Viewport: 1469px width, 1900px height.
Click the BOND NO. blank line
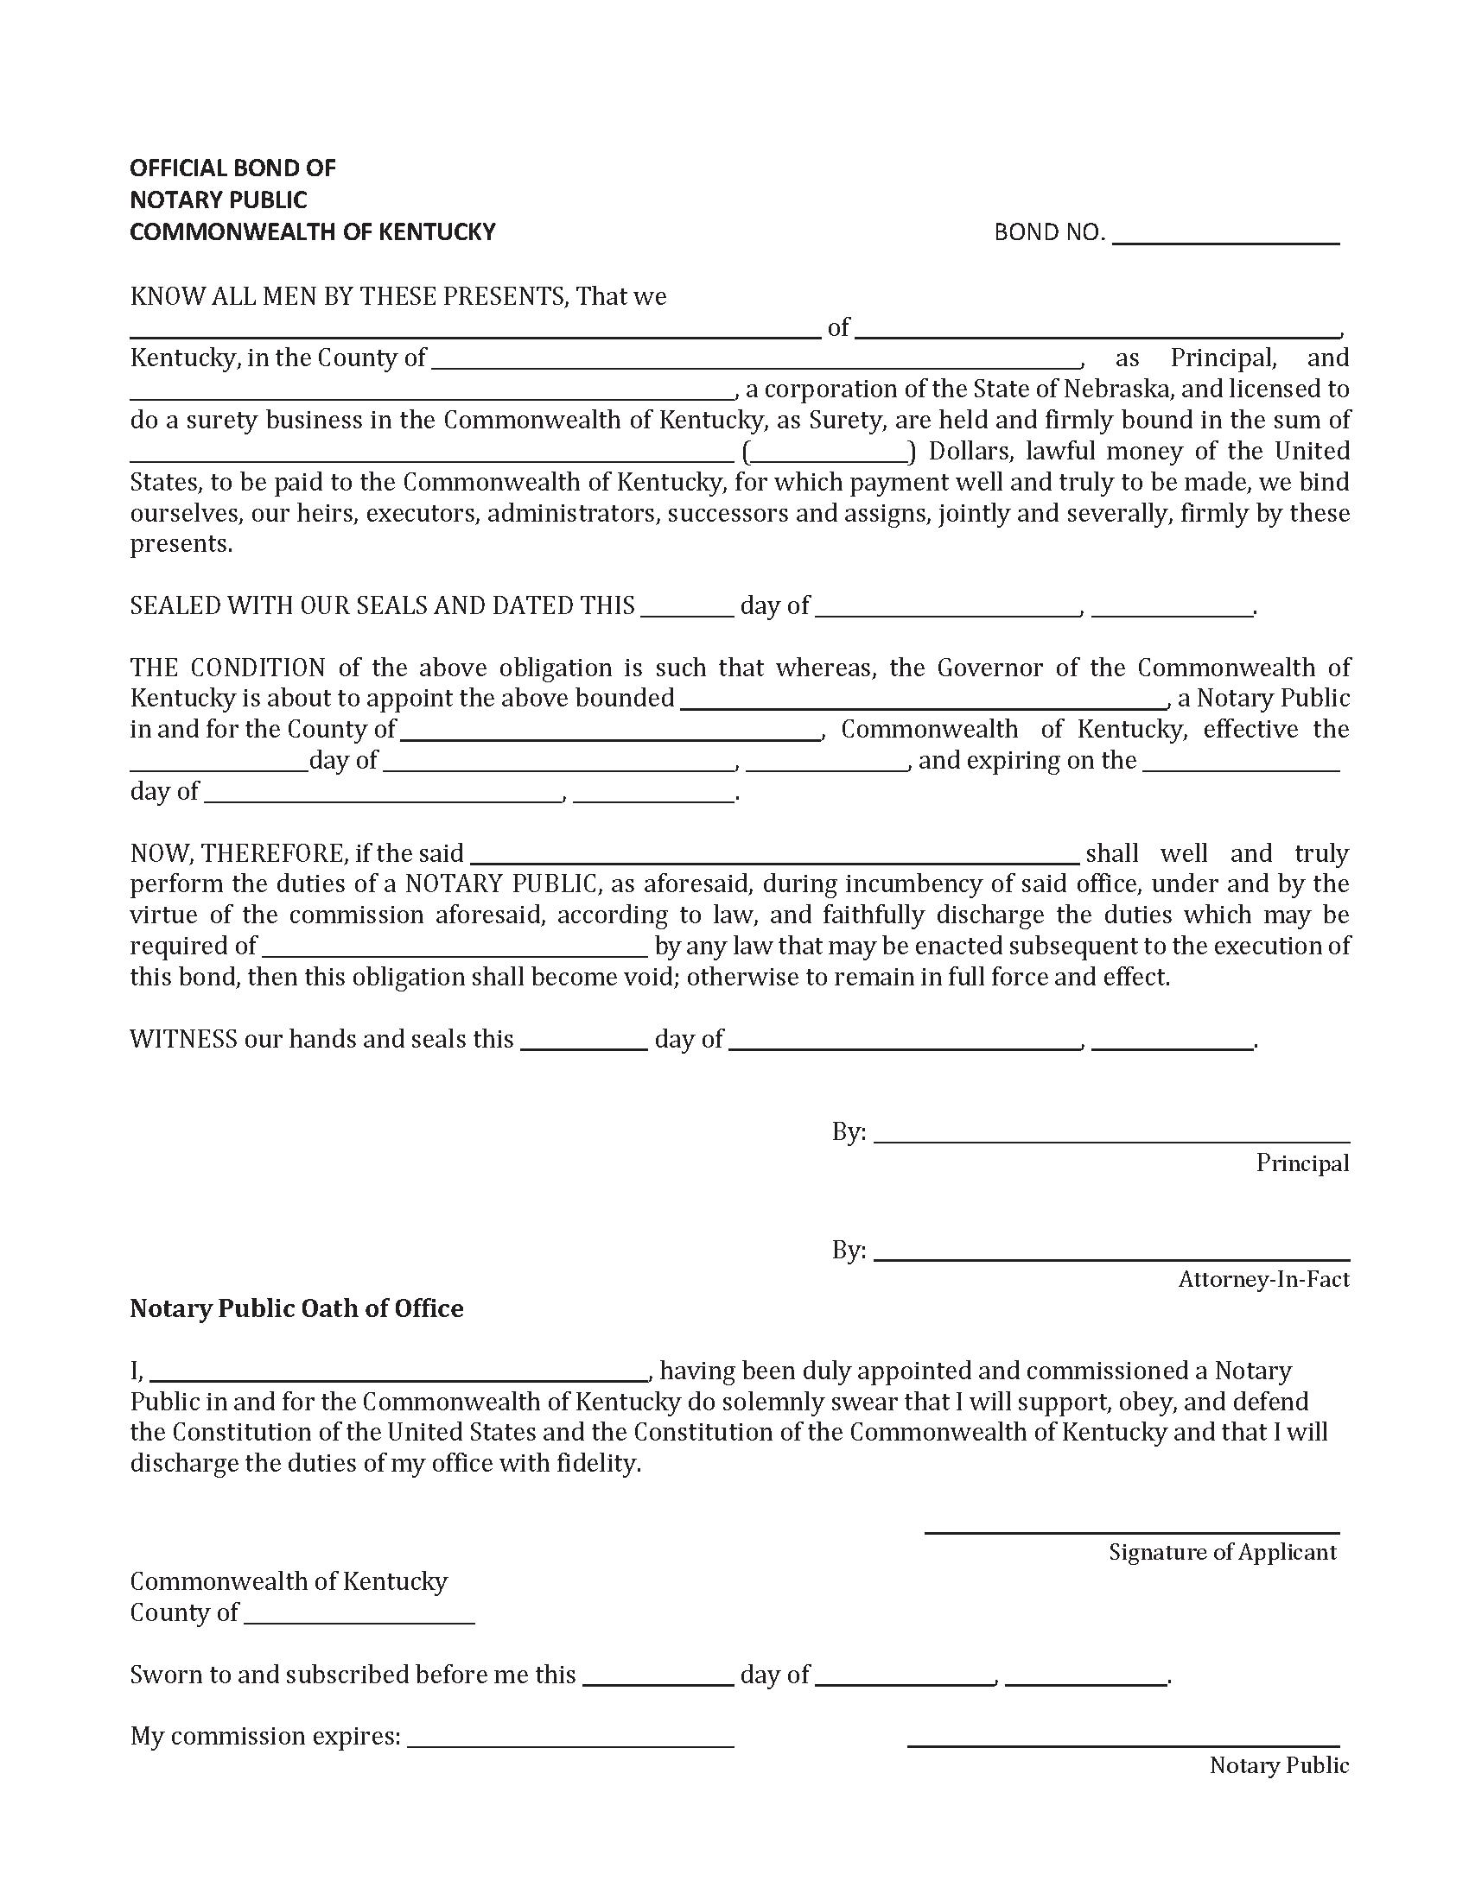[x=1224, y=236]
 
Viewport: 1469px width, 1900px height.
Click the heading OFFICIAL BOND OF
[x=232, y=168]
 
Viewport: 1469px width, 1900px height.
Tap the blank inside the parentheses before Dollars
[x=826, y=453]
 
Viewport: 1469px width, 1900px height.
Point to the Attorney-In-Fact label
[x=1262, y=1280]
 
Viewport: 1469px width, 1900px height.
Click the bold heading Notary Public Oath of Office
[x=296, y=1309]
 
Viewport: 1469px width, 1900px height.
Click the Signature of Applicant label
[x=1222, y=1553]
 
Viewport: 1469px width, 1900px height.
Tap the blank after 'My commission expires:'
[x=570, y=1738]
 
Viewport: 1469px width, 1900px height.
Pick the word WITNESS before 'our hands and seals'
[x=183, y=1040]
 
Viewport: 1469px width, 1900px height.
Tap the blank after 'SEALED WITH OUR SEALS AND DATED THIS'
[x=688, y=607]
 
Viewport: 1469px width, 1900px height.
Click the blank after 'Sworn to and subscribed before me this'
[x=658, y=1676]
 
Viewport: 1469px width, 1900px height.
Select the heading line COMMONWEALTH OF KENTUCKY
[x=313, y=232]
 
